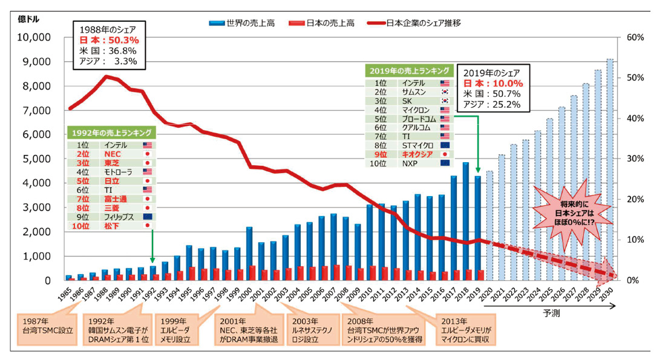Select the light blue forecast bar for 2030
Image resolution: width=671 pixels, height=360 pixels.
click(x=610, y=169)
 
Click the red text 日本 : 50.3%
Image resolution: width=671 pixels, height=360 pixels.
click(x=109, y=40)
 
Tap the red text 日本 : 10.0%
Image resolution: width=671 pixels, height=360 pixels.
click(x=493, y=83)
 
